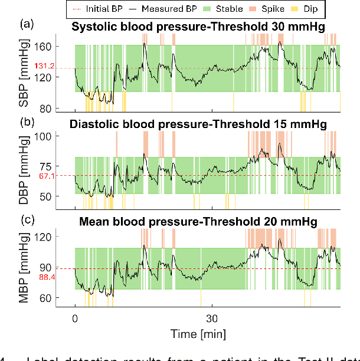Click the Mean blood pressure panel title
(198, 221)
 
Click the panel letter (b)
(27, 123)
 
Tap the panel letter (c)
(27, 219)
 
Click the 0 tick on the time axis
(75, 318)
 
